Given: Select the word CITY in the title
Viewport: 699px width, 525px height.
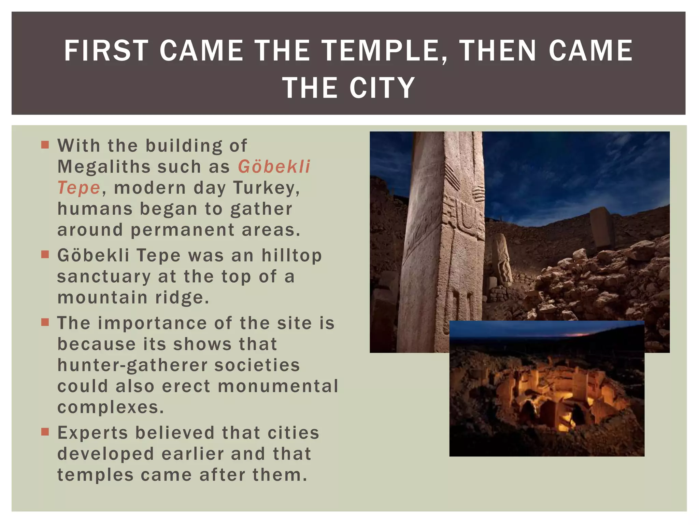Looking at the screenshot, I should pos(382,88).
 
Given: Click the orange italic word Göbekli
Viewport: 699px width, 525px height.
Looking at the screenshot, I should pos(274,167).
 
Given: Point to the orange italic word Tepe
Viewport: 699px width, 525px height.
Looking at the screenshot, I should pos(79,188).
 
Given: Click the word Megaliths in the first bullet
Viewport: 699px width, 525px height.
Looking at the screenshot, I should pos(104,167).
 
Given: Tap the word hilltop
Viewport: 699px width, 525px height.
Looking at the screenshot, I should pos(291,255).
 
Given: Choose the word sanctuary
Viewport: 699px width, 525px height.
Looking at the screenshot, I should pos(104,277).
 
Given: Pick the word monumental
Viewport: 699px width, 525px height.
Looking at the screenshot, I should pos(278,386).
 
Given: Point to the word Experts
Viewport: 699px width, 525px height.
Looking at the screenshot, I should pos(92,433).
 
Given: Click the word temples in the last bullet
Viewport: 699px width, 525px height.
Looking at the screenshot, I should pos(95,475).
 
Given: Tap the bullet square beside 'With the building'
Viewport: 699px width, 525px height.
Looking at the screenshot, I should pos(45,145).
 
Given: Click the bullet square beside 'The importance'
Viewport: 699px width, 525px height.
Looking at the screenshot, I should pos(45,322).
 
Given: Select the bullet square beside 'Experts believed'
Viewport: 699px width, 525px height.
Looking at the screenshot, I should pos(45,432).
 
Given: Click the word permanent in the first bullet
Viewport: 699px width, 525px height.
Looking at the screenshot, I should pos(183,230).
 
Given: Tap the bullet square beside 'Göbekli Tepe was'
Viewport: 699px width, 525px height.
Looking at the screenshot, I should pos(45,255).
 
